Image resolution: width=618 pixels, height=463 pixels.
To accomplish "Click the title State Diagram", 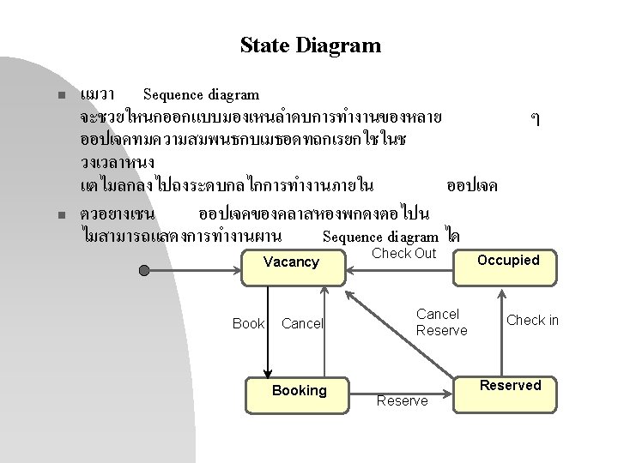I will click(310, 45).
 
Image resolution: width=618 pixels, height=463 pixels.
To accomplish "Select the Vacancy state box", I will click(291, 262).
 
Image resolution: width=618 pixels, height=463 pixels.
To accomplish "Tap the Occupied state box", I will click(507, 261).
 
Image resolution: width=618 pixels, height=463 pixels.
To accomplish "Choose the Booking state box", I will click(299, 391).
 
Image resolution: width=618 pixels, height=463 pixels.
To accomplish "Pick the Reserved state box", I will click(510, 386).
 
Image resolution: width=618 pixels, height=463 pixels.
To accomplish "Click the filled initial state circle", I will click(145, 270).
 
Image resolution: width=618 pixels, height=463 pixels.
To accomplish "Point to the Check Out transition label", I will click(403, 253).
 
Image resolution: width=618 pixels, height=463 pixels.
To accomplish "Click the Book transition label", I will click(248, 323).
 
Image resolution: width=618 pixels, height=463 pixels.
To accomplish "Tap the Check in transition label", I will click(532, 320).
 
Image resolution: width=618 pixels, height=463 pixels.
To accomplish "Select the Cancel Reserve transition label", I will click(441, 322).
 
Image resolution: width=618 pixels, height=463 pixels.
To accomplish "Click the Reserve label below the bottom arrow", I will click(402, 400).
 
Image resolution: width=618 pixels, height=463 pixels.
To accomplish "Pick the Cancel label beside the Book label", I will click(302, 323).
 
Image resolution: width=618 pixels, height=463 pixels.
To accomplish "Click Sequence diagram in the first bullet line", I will click(201, 93).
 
